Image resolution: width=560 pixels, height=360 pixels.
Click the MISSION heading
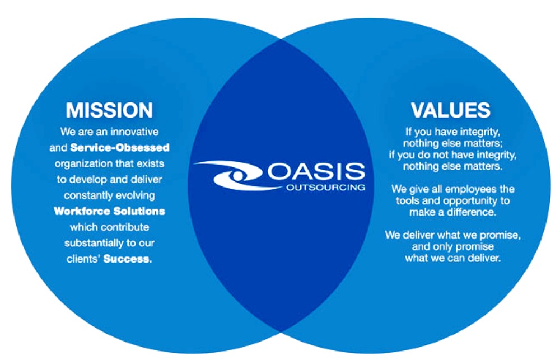tap(109, 110)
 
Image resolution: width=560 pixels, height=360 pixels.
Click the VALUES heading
tap(450, 110)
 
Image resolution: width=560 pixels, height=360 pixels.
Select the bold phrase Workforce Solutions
tap(109, 212)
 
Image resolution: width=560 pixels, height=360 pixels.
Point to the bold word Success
tap(128, 259)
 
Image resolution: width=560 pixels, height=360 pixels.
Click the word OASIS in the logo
tap(316, 171)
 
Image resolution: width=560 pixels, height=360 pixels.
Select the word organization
tap(82, 164)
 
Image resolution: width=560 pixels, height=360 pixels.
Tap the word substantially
tap(92, 243)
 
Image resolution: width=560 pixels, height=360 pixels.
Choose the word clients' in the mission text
tap(85, 259)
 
